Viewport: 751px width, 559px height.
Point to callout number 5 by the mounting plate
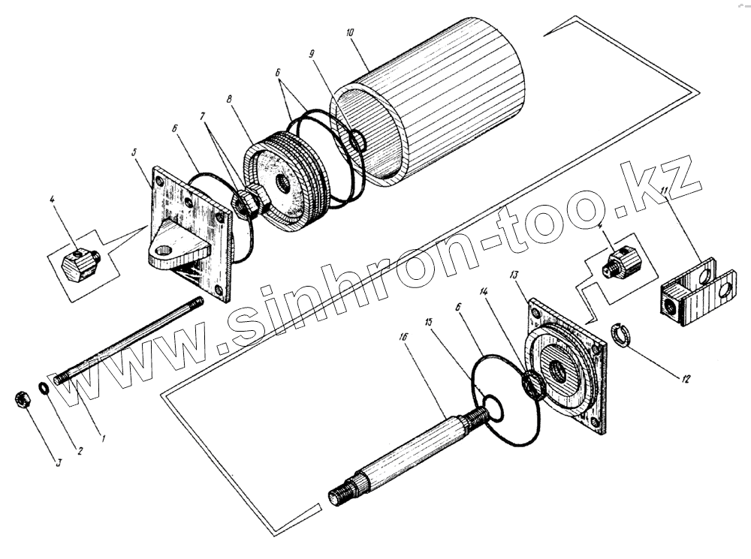click(x=134, y=152)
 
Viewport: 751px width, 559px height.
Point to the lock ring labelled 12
click(x=620, y=332)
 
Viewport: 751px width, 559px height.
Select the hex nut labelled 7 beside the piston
click(x=247, y=203)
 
